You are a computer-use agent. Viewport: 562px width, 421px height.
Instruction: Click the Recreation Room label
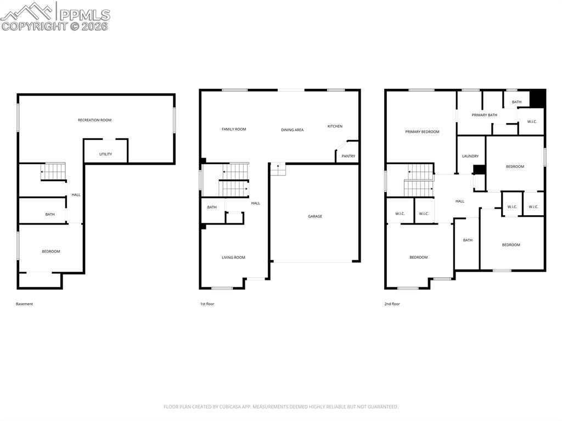[94, 120]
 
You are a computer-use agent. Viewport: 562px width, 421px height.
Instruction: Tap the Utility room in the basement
[105, 154]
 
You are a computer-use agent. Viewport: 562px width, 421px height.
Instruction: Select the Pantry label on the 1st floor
[348, 156]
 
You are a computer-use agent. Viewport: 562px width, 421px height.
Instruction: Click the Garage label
[314, 216]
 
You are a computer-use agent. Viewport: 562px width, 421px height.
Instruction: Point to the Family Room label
[234, 129]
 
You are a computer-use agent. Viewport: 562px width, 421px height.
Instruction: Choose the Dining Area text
[292, 130]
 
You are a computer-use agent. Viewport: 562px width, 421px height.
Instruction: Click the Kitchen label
[335, 126]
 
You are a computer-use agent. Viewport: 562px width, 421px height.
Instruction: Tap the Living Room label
[233, 257]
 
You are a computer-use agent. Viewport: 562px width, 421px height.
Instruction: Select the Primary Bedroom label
[422, 132]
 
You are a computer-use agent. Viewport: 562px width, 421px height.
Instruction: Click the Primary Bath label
[484, 115]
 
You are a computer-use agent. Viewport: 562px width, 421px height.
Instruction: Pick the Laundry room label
[470, 156]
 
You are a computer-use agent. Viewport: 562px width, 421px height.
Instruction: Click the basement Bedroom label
[50, 251]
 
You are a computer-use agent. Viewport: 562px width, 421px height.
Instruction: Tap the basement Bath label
[50, 214]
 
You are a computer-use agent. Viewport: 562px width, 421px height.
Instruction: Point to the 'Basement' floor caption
[24, 304]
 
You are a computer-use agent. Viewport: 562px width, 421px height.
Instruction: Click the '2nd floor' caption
[392, 304]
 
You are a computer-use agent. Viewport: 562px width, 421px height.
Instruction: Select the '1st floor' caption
[207, 304]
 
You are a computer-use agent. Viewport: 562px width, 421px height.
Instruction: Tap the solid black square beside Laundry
[479, 170]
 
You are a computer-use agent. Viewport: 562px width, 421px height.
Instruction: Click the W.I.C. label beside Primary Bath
[531, 121]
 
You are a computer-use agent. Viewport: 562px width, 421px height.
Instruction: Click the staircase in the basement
[53, 171]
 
